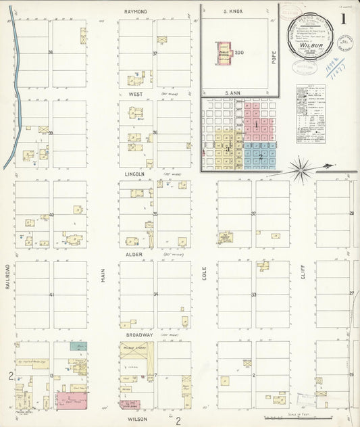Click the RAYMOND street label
(x=136, y=11)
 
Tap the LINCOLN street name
(x=136, y=174)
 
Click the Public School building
(x=224, y=55)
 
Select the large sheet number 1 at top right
(x=344, y=19)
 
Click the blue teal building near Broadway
(x=78, y=346)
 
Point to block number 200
(x=239, y=53)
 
